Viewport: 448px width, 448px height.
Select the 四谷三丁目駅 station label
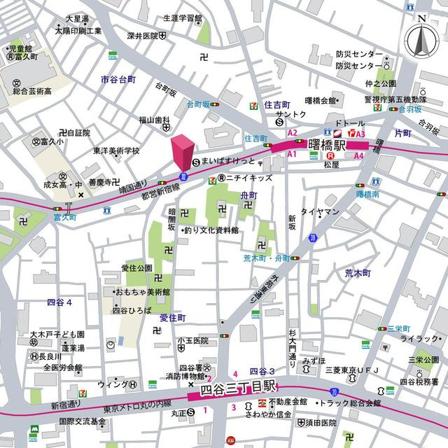click(239, 388)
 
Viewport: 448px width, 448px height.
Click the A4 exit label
click(358, 155)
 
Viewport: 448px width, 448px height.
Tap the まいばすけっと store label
click(229, 161)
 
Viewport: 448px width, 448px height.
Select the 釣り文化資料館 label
click(211, 230)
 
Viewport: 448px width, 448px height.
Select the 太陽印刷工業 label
click(78, 31)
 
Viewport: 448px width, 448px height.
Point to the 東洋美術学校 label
click(116, 150)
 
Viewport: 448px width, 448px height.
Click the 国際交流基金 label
click(83, 421)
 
